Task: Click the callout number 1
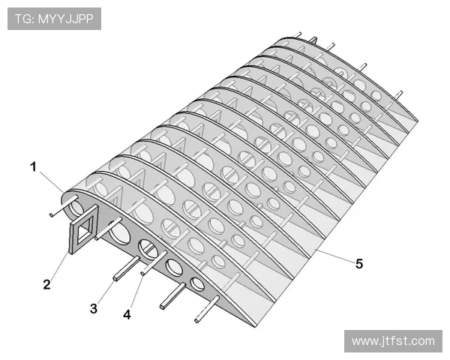[34, 167]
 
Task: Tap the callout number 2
[46, 284]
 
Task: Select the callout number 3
[94, 308]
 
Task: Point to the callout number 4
[127, 315]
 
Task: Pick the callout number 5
[359, 263]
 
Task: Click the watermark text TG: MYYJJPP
[54, 19]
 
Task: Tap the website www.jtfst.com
[393, 341]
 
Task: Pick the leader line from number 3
[106, 292]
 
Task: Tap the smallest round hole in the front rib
[198, 283]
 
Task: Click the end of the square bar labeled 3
[115, 278]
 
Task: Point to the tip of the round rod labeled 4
[142, 274]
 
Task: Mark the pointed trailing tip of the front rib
[255, 326]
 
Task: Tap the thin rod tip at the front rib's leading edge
[51, 214]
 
